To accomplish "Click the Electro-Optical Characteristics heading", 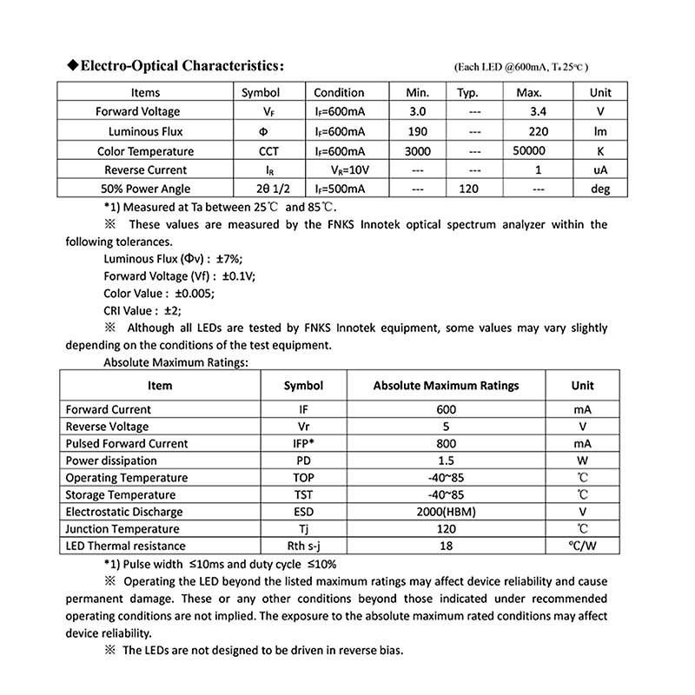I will click(x=180, y=65).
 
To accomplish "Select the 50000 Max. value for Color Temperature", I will click(x=529, y=150).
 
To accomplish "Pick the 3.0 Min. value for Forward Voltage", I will click(x=417, y=112).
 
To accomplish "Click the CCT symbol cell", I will click(x=269, y=150).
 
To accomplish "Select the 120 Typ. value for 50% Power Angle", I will click(x=470, y=189).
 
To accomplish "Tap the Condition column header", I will click(x=339, y=93).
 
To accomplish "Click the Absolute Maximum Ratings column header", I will click(x=446, y=386).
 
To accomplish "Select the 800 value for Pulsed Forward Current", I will click(x=446, y=443).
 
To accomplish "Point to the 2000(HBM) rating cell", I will click(x=446, y=512).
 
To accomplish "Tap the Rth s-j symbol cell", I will click(x=303, y=546).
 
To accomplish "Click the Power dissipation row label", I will click(x=111, y=460).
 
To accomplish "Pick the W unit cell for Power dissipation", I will click(x=582, y=460).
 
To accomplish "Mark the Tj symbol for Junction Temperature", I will click(x=303, y=529).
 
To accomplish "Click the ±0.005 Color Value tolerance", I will click(x=195, y=293).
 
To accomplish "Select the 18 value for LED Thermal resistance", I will click(x=446, y=546).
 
